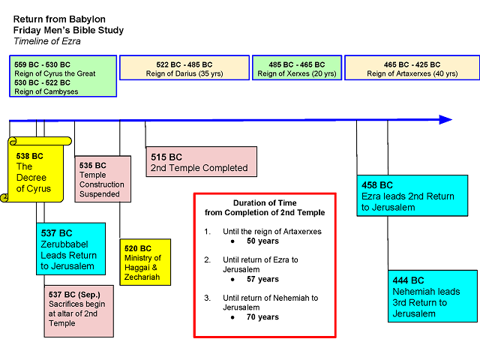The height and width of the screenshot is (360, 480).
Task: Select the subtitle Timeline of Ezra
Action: coord(47,41)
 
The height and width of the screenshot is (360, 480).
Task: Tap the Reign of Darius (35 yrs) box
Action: coord(184,68)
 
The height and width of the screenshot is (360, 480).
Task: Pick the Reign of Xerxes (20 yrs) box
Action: coord(296,68)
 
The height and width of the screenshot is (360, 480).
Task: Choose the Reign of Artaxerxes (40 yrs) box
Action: coord(412,68)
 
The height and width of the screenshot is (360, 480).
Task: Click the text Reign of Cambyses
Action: coord(46,91)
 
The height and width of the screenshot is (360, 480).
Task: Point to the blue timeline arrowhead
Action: coord(445,120)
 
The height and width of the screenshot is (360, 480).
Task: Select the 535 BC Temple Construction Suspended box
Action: coord(103,179)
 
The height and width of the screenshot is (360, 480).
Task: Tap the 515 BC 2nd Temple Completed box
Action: coord(201,162)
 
